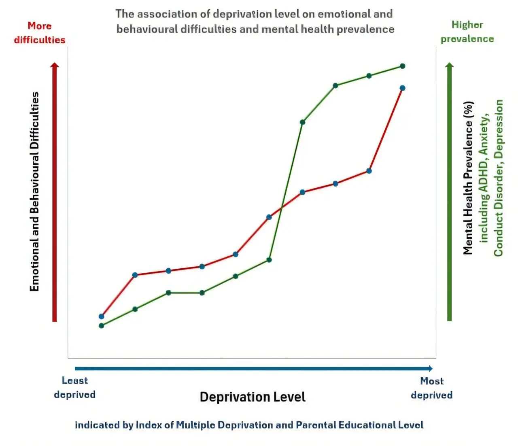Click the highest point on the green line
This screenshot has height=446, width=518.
tap(403, 66)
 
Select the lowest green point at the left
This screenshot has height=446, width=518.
tap(102, 326)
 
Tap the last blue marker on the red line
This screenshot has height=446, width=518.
tap(403, 88)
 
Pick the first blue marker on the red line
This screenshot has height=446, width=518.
tap(102, 316)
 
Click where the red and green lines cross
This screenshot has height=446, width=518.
tap(282, 207)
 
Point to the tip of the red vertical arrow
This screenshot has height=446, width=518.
tap(55, 63)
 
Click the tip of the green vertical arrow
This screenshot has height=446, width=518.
tap(449, 63)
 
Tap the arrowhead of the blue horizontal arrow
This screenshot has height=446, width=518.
tap(432, 368)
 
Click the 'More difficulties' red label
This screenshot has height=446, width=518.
tap(40, 33)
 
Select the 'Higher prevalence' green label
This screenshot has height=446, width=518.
tap(467, 32)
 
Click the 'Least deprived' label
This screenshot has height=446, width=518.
tap(75, 387)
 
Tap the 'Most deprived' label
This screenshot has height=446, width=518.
tap(431, 388)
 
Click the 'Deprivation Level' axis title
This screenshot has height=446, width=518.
tap(253, 397)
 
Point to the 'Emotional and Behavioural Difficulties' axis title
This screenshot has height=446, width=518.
tap(34, 191)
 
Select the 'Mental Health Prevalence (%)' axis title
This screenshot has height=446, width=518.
tap(468, 178)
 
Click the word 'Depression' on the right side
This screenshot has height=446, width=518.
tap(499, 129)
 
